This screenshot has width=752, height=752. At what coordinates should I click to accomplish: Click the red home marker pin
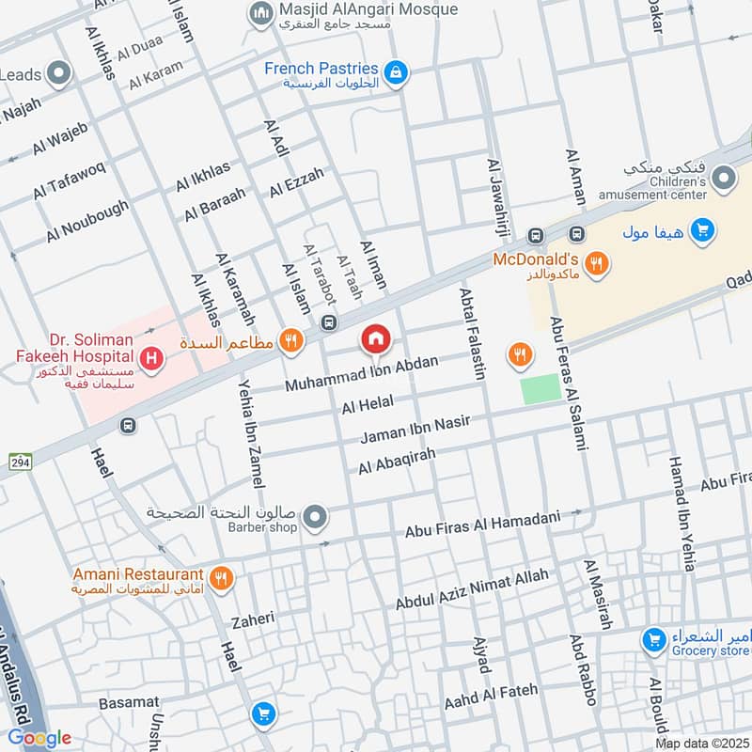point(376,338)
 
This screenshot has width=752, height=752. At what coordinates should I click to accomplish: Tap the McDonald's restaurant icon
point(594,264)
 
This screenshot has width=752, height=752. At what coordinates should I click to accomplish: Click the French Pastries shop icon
point(397,71)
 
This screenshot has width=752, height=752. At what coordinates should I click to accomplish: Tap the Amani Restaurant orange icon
point(222,578)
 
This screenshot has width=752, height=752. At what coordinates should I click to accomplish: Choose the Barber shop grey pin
point(317,516)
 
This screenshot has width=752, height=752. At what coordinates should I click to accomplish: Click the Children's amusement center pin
point(723,177)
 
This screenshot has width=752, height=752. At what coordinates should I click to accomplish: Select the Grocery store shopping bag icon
point(653,641)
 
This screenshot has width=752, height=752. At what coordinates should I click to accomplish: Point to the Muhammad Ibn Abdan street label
point(362,374)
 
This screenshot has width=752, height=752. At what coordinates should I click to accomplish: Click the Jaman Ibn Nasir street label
point(415,430)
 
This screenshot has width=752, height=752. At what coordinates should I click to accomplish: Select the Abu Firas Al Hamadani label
point(482,524)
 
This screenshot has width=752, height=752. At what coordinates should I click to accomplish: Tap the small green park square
point(540,388)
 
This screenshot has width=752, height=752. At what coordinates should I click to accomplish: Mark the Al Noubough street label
point(87,222)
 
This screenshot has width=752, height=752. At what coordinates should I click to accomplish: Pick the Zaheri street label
point(253,619)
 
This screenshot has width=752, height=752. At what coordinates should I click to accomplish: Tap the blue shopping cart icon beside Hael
point(264,713)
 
